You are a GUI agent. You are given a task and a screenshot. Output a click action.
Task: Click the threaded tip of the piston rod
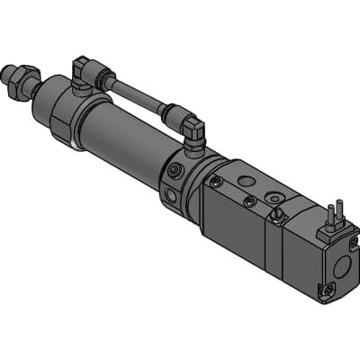point(11,71)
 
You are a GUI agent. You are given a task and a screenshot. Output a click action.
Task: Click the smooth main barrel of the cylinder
point(126,144)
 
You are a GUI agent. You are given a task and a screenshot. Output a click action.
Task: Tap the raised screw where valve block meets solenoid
point(279,214)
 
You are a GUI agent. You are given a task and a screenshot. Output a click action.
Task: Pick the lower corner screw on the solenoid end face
point(328,289)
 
